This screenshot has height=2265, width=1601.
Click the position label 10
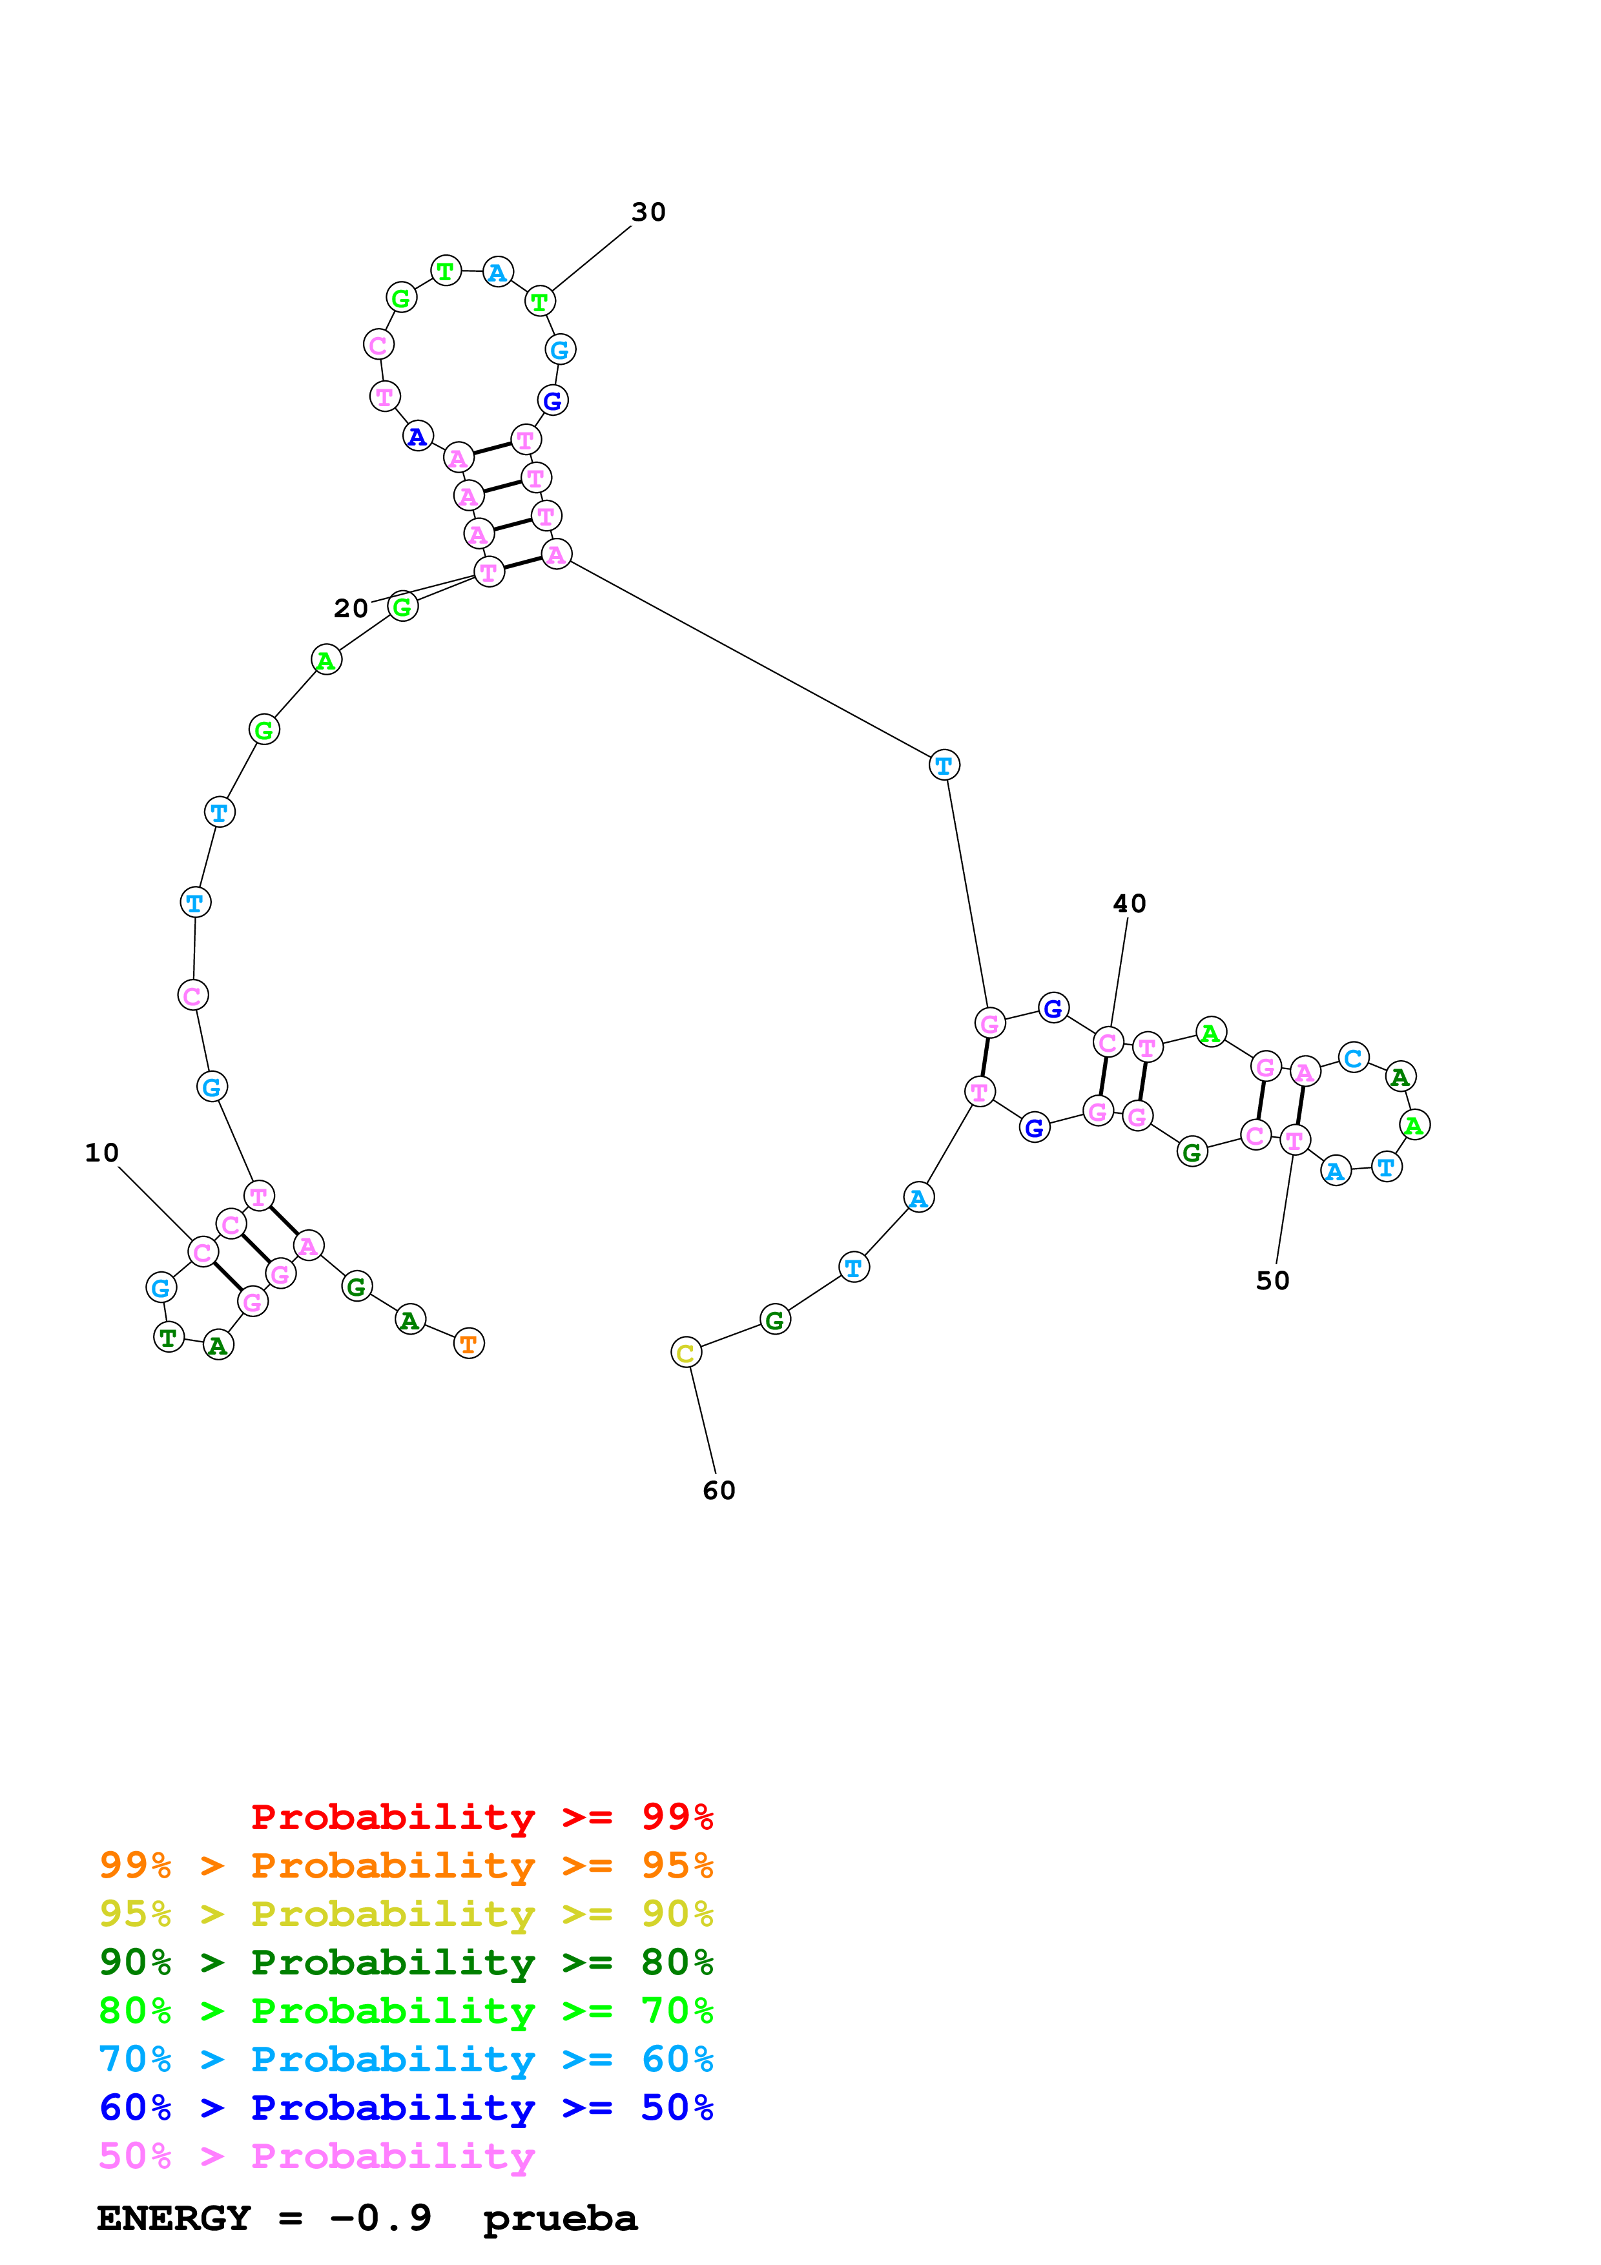click(x=101, y=1153)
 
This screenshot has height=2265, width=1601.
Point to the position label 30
click(x=648, y=212)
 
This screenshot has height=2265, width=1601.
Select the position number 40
click(x=1130, y=904)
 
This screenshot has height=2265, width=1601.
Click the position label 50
click(x=1272, y=1280)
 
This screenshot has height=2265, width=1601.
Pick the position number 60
click(x=719, y=1491)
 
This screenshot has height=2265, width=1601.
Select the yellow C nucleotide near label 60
click(x=686, y=1353)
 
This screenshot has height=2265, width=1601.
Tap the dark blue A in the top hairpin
click(x=418, y=436)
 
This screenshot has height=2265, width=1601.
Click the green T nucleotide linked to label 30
click(x=539, y=302)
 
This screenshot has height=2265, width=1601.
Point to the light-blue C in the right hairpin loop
click(x=1354, y=1058)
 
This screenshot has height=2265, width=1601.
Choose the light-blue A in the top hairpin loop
click(x=498, y=272)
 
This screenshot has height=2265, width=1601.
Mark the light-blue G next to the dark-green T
click(x=161, y=1287)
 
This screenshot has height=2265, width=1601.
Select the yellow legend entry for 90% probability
click(x=406, y=1914)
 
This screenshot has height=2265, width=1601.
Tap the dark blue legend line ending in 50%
click(x=406, y=2107)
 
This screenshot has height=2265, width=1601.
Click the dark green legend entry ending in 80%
click(x=406, y=1962)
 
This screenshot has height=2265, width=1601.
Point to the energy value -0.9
click(x=381, y=2219)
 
